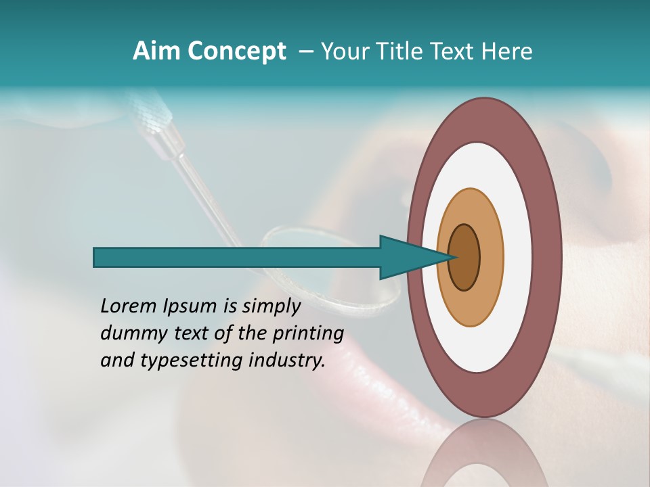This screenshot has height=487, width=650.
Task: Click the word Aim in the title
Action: (x=156, y=51)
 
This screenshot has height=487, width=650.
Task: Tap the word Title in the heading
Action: (x=400, y=51)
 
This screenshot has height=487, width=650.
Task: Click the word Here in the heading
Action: (x=507, y=51)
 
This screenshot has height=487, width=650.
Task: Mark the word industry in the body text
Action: (x=287, y=361)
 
